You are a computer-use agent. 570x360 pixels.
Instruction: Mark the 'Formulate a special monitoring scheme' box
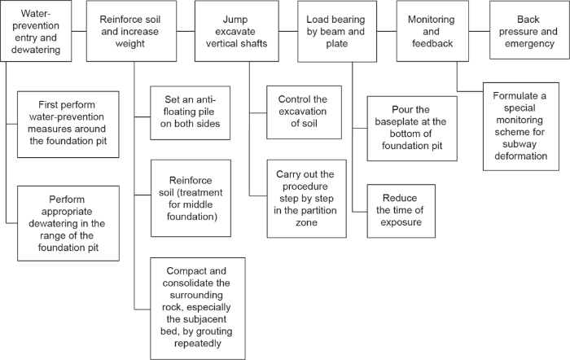[x=524, y=125]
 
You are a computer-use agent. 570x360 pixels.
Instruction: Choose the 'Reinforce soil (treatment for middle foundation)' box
[x=186, y=199]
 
